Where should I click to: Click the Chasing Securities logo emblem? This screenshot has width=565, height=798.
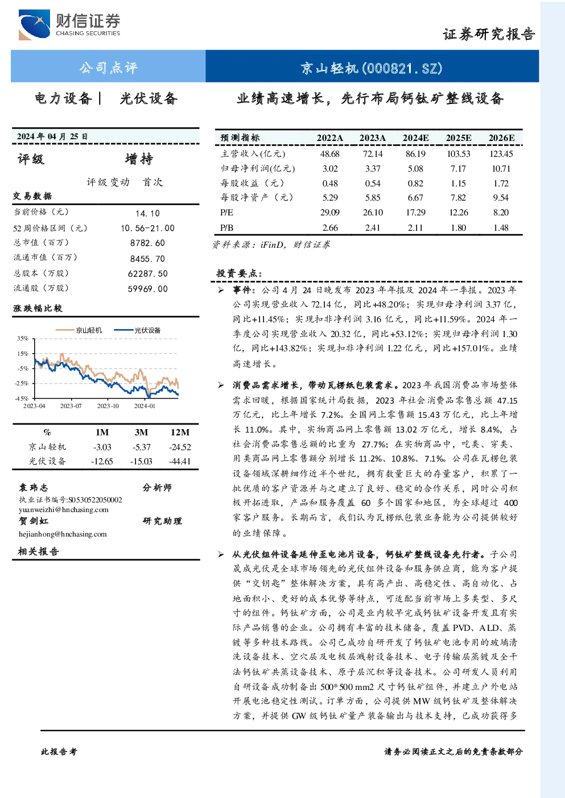34,25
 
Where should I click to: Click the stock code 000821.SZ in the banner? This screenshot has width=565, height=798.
402,68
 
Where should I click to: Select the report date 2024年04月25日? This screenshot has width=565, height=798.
52,136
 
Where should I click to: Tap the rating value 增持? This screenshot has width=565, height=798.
139,159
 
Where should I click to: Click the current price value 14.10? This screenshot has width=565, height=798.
147,213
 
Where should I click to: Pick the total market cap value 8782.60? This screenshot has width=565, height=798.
147,243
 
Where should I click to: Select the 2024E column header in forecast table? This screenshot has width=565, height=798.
415,138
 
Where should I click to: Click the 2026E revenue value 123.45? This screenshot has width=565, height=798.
501,154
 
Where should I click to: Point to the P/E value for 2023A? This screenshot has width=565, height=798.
373,213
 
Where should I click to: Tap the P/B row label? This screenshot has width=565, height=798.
227,228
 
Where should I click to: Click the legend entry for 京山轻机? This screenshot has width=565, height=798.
79,330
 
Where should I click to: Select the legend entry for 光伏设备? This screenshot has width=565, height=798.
137,330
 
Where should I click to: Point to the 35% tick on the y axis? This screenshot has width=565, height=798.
22,338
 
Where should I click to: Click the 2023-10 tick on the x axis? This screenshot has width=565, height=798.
108,406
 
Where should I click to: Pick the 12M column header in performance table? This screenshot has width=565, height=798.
180,432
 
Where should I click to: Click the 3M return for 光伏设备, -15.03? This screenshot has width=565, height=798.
141,462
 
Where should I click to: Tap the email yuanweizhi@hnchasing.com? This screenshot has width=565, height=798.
64,510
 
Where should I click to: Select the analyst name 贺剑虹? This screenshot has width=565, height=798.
34,521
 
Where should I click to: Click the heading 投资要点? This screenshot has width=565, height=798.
239,273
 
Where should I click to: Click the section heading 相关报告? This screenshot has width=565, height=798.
39,551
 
